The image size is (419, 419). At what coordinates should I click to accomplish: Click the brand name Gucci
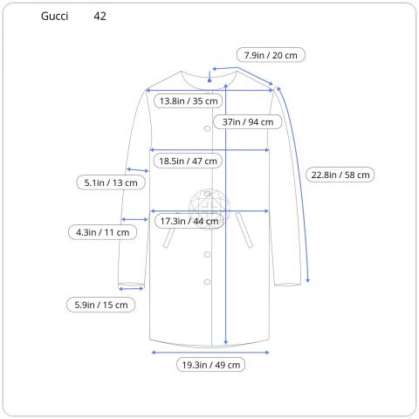(x=54, y=17)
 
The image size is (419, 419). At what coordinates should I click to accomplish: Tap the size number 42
(x=100, y=17)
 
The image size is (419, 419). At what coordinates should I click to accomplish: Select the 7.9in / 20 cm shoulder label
(x=273, y=55)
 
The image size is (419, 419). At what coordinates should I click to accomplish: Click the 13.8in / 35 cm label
(x=188, y=101)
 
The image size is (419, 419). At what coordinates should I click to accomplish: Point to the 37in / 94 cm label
(x=249, y=122)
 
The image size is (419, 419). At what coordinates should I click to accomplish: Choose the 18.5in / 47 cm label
(x=188, y=161)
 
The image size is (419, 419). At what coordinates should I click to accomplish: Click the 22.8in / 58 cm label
(x=340, y=175)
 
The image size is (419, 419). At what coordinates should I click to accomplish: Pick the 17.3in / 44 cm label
(x=188, y=222)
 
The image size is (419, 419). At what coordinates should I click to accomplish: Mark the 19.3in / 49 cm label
(x=210, y=365)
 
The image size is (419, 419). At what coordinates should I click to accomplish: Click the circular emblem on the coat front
(x=208, y=208)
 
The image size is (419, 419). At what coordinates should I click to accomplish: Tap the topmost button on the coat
(x=208, y=128)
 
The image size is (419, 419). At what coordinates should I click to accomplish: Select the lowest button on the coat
(x=208, y=280)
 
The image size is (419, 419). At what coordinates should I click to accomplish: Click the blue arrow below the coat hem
(x=209, y=352)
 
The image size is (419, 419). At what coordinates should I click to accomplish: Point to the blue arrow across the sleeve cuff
(x=132, y=286)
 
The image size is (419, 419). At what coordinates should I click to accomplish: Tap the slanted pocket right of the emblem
(x=244, y=233)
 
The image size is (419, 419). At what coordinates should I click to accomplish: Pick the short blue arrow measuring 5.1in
(x=137, y=169)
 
